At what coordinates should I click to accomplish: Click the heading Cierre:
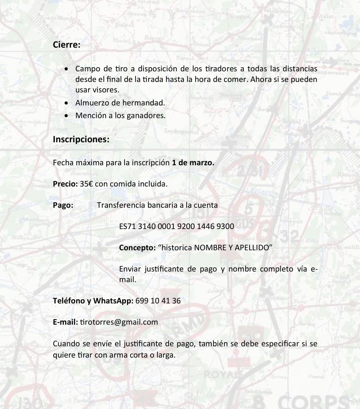pos(67,45)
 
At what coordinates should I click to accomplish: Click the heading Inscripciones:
pos(81,140)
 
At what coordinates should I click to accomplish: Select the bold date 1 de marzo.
pos(193,163)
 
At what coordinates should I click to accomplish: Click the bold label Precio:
pos(65,184)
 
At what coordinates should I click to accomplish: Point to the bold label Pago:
pos(63,205)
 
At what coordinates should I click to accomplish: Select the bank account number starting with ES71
pos(176,226)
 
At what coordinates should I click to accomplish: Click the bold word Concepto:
pos(137,248)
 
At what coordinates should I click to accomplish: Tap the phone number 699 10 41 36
pos(158,301)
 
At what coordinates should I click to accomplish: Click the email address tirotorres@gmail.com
pos(119,322)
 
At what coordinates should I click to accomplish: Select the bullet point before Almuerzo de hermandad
pos(67,103)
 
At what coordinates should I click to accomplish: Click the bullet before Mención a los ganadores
pos(67,116)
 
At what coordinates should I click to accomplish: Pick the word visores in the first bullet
pos(107,90)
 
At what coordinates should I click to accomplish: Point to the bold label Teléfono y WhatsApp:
pos(93,301)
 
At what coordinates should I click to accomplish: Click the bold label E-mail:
pos(65,322)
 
